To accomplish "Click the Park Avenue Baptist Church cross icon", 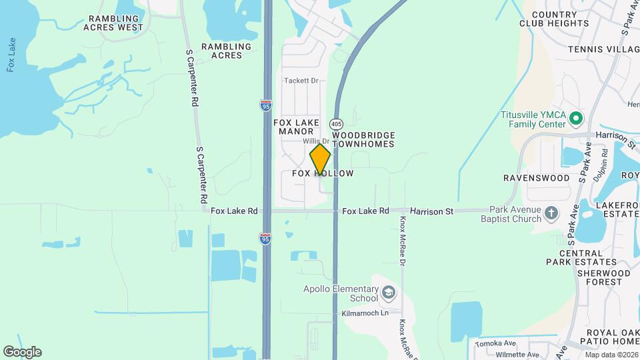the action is click(x=551, y=213).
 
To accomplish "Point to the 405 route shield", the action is click(x=336, y=124).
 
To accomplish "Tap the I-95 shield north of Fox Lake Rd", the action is click(x=265, y=105).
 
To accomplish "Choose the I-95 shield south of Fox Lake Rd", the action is click(x=265, y=239).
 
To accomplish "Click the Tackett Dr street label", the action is click(x=302, y=81).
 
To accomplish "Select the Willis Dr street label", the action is click(x=316, y=141).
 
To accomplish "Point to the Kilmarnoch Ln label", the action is click(x=365, y=313).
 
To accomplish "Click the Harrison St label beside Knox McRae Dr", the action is click(x=431, y=211).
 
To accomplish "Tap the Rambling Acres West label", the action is click(x=113, y=23).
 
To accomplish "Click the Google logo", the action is click(x=22, y=352).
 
